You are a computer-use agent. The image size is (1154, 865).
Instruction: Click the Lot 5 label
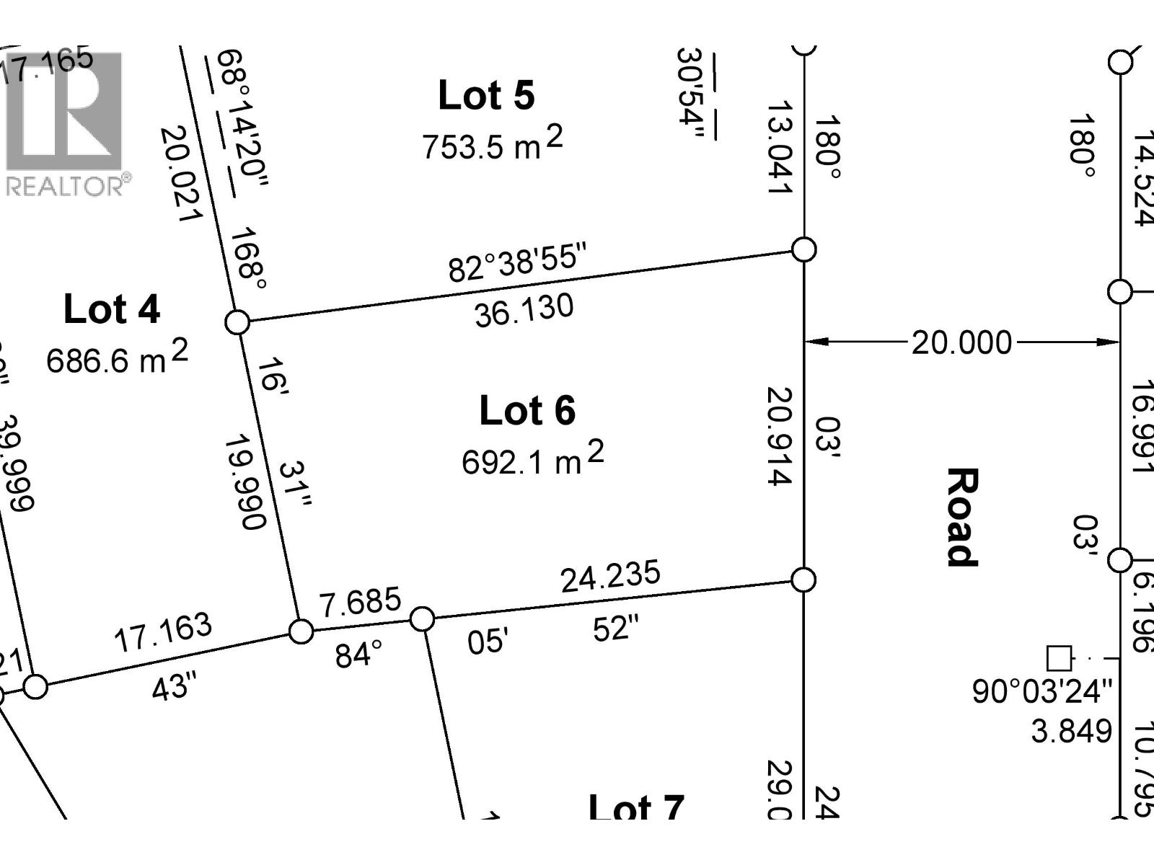pyautogui.click(x=486, y=96)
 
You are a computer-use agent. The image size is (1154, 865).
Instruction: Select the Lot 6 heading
pyautogui.click(x=527, y=411)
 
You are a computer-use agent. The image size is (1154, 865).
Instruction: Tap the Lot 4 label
pyautogui.click(x=112, y=309)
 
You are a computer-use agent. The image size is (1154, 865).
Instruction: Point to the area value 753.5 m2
pyautogui.click(x=492, y=143)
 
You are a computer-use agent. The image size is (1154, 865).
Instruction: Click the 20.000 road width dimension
pyautogui.click(x=961, y=342)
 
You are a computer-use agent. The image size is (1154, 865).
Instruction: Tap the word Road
pyautogui.click(x=962, y=517)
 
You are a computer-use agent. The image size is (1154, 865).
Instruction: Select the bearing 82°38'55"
pyautogui.click(x=518, y=262)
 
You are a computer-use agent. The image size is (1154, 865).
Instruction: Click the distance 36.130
pyautogui.click(x=524, y=310)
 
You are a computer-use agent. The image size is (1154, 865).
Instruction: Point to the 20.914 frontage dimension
pyautogui.click(x=780, y=436)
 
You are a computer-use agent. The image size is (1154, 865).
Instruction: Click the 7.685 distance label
pyautogui.click(x=361, y=602)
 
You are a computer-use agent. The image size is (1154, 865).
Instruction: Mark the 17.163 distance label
pyautogui.click(x=163, y=632)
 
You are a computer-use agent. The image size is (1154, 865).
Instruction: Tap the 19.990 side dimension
pyautogui.click(x=246, y=482)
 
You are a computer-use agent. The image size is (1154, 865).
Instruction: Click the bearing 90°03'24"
pyautogui.click(x=1042, y=691)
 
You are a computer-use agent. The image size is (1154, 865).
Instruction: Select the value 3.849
pyautogui.click(x=1072, y=731)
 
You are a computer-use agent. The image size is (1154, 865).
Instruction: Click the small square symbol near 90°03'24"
pyautogui.click(x=1059, y=658)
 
